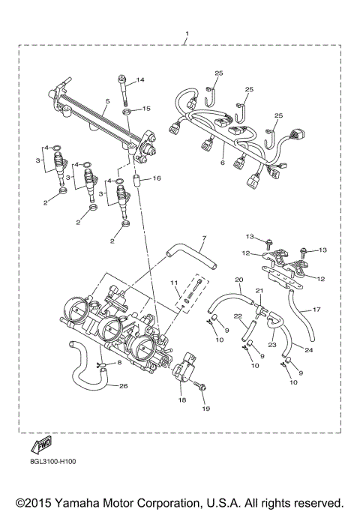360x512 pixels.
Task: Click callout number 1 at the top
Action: coord(187,34)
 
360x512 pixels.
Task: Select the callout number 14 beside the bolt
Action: coord(139,80)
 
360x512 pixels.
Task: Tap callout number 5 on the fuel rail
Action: coord(107,101)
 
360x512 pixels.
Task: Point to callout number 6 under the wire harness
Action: coord(223,163)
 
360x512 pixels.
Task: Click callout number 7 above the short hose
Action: coord(202,239)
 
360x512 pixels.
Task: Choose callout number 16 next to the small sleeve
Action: coord(157,178)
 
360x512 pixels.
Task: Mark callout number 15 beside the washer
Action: coord(146,109)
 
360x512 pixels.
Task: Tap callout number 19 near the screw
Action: coord(205,409)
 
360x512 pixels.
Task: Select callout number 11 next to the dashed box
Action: coord(174,283)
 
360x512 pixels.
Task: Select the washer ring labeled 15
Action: coord(128,112)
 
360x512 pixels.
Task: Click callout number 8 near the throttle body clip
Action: coord(119,363)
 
